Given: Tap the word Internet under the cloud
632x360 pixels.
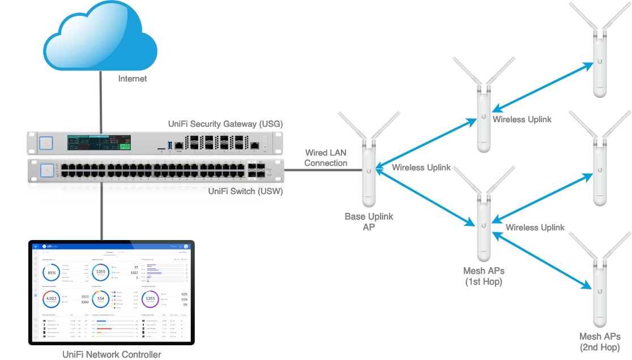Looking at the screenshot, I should pyautogui.click(x=132, y=79).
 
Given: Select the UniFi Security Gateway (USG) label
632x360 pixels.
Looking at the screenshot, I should pyautogui.click(x=225, y=124).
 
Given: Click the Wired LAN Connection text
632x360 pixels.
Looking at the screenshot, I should pyautogui.click(x=326, y=158).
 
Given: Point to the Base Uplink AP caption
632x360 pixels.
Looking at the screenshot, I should pyautogui.click(x=369, y=222).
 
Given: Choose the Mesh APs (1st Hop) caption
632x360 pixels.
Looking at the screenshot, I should pyautogui.click(x=483, y=276).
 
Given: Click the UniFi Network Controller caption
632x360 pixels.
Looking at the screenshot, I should pyautogui.click(x=112, y=354).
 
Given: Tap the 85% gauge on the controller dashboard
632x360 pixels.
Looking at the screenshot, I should pyautogui.click(x=52, y=273).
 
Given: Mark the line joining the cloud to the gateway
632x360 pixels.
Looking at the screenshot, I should pyautogui.click(x=101, y=102).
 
